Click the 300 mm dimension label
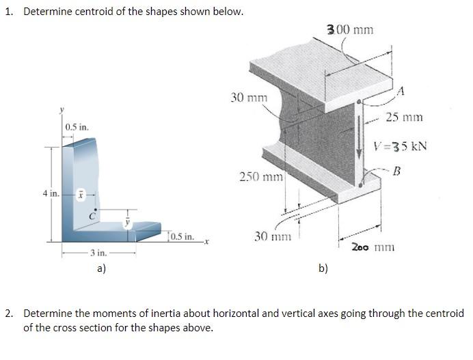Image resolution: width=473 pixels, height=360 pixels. click(x=350, y=29)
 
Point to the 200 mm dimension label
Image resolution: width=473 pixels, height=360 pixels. click(x=373, y=247)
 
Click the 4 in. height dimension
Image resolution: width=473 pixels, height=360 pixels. click(x=50, y=193)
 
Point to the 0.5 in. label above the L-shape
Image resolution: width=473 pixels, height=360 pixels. click(x=77, y=127)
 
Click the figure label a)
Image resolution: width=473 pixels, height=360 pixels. click(x=100, y=269)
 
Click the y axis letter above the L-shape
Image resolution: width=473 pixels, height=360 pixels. click(x=61, y=108)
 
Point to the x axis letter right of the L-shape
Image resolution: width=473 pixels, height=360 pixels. click(x=204, y=241)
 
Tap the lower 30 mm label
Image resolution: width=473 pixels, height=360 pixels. click(x=271, y=236)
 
